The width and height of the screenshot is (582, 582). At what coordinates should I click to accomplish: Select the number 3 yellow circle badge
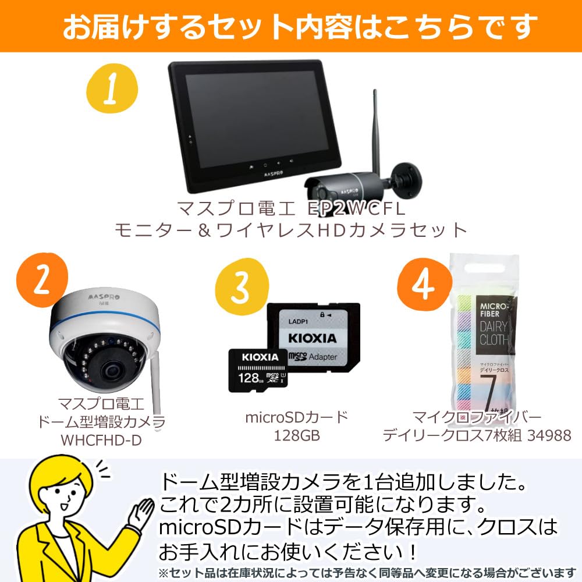tap(240, 281)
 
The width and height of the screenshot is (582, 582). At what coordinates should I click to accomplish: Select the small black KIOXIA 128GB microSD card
tap(256, 370)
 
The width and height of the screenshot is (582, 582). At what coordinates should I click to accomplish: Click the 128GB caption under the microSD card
tap(297, 435)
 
